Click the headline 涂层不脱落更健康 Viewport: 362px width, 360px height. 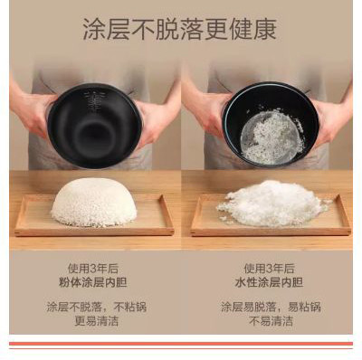[180, 30]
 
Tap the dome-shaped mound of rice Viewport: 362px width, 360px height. [94, 203]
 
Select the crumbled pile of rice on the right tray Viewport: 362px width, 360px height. [273, 204]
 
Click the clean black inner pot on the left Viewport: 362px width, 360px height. [94, 125]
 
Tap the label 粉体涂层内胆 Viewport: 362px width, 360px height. [92, 282]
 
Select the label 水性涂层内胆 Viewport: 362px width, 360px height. [269, 282]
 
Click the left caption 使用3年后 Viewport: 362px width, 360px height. [93, 268]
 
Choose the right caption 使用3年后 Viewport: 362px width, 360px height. [269, 268]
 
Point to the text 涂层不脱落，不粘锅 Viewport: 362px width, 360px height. [97, 307]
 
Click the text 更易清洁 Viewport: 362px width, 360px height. [97, 321]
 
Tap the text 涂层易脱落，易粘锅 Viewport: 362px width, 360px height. [271, 307]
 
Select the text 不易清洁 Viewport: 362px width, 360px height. [271, 321]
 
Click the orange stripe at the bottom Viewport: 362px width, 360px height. [181, 344]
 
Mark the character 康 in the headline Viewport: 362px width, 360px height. [265, 30]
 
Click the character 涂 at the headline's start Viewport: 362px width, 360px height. [94, 30]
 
